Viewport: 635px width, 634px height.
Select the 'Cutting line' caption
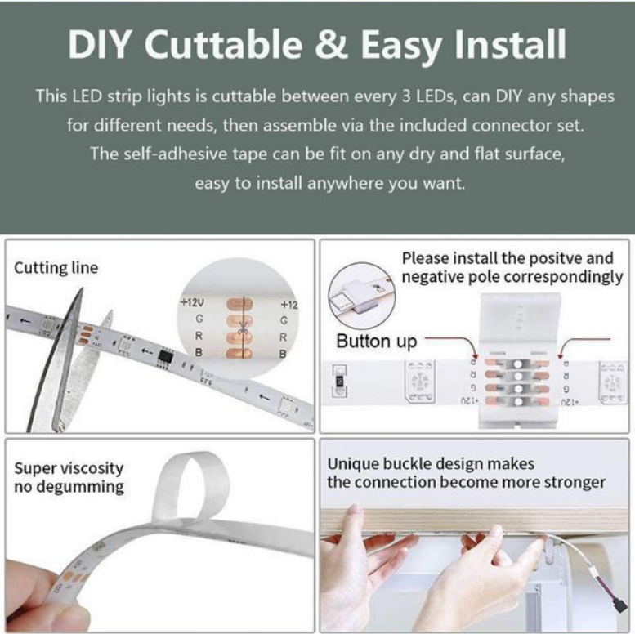pyautogui.click(x=56, y=268)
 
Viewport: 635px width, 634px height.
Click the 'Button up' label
pyautogui.click(x=376, y=341)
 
